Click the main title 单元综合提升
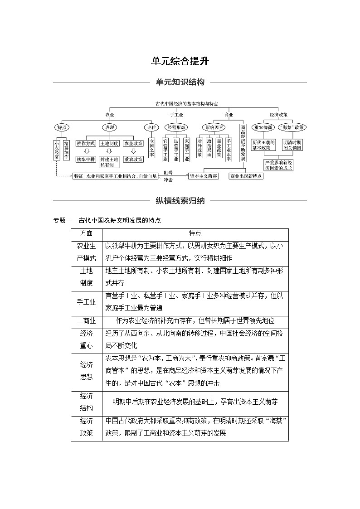coord(180,61)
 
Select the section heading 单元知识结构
coord(180,82)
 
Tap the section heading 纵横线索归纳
coord(180,200)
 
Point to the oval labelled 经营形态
coord(175,127)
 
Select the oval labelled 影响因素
coord(214,127)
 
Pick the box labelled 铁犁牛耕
coord(85,159)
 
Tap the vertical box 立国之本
coord(151,148)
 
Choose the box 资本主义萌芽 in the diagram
coord(203,176)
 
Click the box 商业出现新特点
coord(246,176)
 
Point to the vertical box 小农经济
coord(57,150)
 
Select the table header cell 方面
coord(86,233)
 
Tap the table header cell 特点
coord(195,233)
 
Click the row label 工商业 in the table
coord(86,320)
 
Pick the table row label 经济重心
coord(86,339)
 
